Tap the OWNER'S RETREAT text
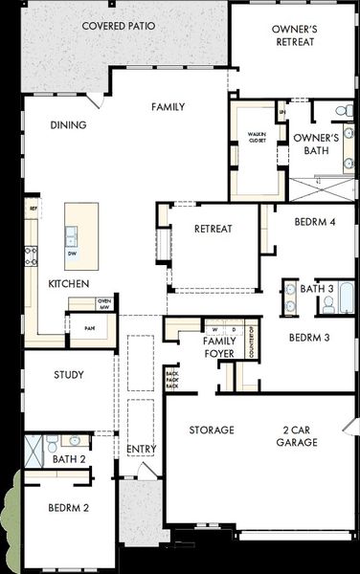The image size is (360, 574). [295, 35]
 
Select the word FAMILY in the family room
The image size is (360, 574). [168, 107]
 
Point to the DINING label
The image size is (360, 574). [68, 124]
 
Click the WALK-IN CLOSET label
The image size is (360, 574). [257, 138]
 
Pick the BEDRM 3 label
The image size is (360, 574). [309, 337]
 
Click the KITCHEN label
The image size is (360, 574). [69, 284]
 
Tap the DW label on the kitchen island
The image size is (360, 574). [73, 254]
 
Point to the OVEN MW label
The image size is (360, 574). [104, 303]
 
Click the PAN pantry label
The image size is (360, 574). [89, 328]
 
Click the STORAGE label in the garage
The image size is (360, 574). [211, 430]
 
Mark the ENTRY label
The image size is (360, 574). [141, 449]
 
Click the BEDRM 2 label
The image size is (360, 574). [66, 508]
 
